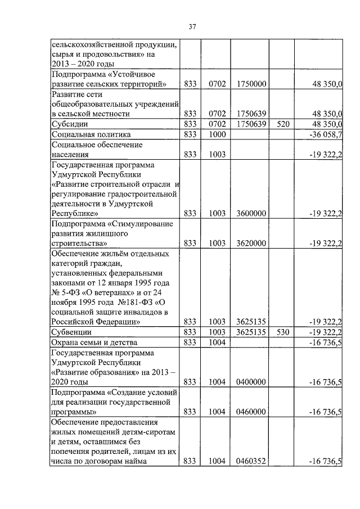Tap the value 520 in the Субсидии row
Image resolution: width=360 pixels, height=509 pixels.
pyautogui.click(x=282, y=124)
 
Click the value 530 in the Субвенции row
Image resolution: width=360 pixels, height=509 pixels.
pyautogui.click(x=282, y=332)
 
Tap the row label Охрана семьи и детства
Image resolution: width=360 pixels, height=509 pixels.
pyautogui.click(x=94, y=343)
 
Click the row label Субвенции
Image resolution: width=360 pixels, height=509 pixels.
pyautogui.click(x=71, y=332)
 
